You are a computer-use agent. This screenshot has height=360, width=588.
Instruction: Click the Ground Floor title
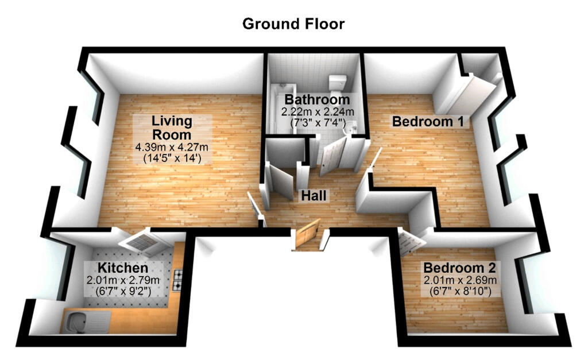(293, 24)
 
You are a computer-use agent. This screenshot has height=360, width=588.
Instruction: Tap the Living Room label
(172, 128)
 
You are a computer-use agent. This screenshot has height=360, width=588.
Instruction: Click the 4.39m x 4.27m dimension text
(171, 147)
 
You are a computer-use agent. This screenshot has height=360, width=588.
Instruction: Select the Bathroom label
(316, 100)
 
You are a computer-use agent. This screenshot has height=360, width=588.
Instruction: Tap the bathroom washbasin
(351, 130)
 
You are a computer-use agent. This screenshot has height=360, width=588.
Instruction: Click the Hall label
(314, 196)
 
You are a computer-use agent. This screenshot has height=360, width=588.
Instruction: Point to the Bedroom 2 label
(459, 268)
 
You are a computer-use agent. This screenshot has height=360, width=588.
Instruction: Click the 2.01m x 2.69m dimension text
(459, 280)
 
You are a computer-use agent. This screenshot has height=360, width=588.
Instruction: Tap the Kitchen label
(123, 268)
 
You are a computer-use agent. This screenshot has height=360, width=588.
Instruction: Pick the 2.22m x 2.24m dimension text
(316, 111)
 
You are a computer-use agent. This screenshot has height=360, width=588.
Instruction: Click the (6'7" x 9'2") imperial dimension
(123, 291)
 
